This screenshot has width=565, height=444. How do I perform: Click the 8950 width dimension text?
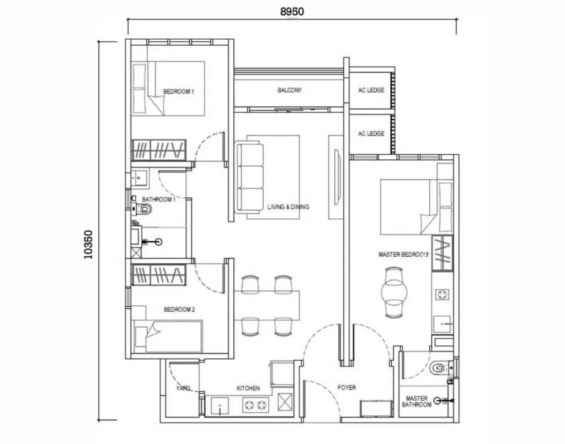[x=291, y=11]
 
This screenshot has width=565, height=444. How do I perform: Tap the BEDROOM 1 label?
[x=178, y=91]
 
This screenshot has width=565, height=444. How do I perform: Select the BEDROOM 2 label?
[x=179, y=310]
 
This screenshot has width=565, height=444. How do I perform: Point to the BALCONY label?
[x=290, y=90]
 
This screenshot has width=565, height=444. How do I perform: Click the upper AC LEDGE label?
[x=371, y=90]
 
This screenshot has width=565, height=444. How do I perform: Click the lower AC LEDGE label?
[x=371, y=133]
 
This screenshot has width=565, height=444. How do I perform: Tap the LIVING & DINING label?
[x=288, y=207]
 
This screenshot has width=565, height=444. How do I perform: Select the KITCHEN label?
[x=248, y=388]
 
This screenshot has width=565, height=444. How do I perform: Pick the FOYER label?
[x=347, y=388]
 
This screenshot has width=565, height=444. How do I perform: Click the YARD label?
[x=183, y=388]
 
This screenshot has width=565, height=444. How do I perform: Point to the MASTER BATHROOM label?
[x=418, y=402]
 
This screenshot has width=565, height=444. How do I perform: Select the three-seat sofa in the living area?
[x=249, y=176]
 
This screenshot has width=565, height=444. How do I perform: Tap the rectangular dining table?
[x=267, y=305]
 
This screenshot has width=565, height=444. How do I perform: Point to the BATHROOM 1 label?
[x=158, y=199]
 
